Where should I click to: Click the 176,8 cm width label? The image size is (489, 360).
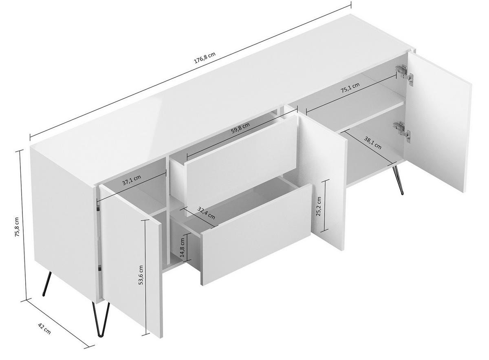pyautogui.click(x=205, y=59)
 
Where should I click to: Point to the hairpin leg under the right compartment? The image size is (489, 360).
pyautogui.click(x=397, y=179)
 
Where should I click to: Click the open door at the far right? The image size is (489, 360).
pyautogui.click(x=439, y=122)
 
